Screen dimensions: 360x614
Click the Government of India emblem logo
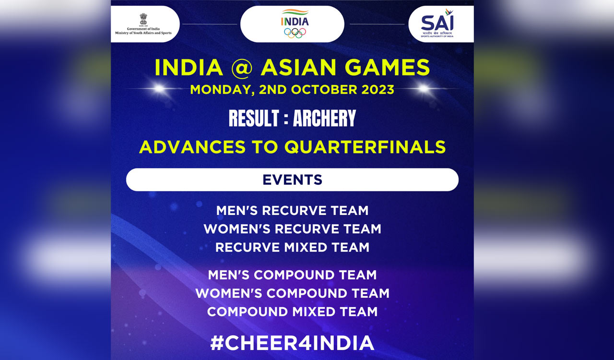click(x=143, y=19)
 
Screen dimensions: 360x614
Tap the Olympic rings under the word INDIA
click(x=295, y=33)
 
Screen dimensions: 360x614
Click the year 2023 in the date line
click(x=375, y=90)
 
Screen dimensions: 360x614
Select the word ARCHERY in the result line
click(x=324, y=119)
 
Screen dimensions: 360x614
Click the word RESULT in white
click(x=254, y=119)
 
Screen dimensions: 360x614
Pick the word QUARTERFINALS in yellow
click(x=365, y=147)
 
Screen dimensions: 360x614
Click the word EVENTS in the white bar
click(x=292, y=180)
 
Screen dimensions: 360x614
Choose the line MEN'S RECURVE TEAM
click(x=292, y=211)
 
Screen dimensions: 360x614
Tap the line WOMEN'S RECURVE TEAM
click(x=292, y=229)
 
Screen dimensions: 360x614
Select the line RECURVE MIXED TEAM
click(x=292, y=248)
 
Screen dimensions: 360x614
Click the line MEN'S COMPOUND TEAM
click(x=292, y=275)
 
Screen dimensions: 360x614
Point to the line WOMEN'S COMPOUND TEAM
click(x=292, y=293)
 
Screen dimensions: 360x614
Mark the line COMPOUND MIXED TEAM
click(x=292, y=312)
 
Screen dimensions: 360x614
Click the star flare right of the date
click(x=424, y=89)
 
